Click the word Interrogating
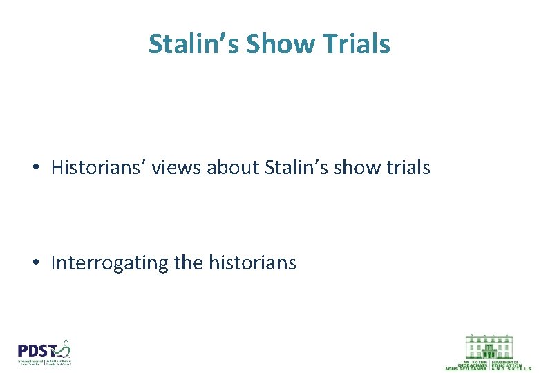(x=110, y=263)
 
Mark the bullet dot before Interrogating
(x=35, y=264)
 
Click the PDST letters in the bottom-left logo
(x=35, y=350)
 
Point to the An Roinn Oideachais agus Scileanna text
(x=467, y=365)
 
